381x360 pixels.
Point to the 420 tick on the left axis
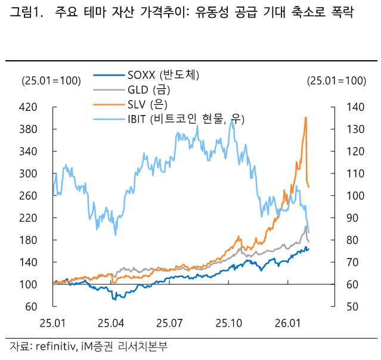coord(29,107)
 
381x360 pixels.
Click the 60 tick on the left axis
coord(32,307)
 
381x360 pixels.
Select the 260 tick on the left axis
coord(29,196)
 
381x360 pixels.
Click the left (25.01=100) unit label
coord(51,81)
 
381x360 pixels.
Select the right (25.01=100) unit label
coord(336,81)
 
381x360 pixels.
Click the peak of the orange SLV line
coord(306,117)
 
